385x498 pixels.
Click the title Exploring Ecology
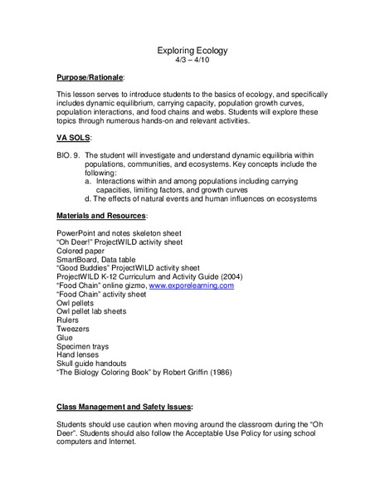tap(192, 51)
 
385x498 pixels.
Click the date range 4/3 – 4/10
tap(192, 61)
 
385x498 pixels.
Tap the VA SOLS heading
tap(74, 137)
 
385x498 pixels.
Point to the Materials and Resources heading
tap(101, 215)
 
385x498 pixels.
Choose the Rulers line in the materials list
tap(67, 320)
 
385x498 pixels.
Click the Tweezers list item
tap(72, 330)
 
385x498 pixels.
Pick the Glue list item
tap(64, 339)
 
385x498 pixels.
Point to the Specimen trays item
tap(83, 348)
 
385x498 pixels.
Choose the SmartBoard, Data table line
tap(95, 259)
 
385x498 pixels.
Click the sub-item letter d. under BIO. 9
tap(88, 199)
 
